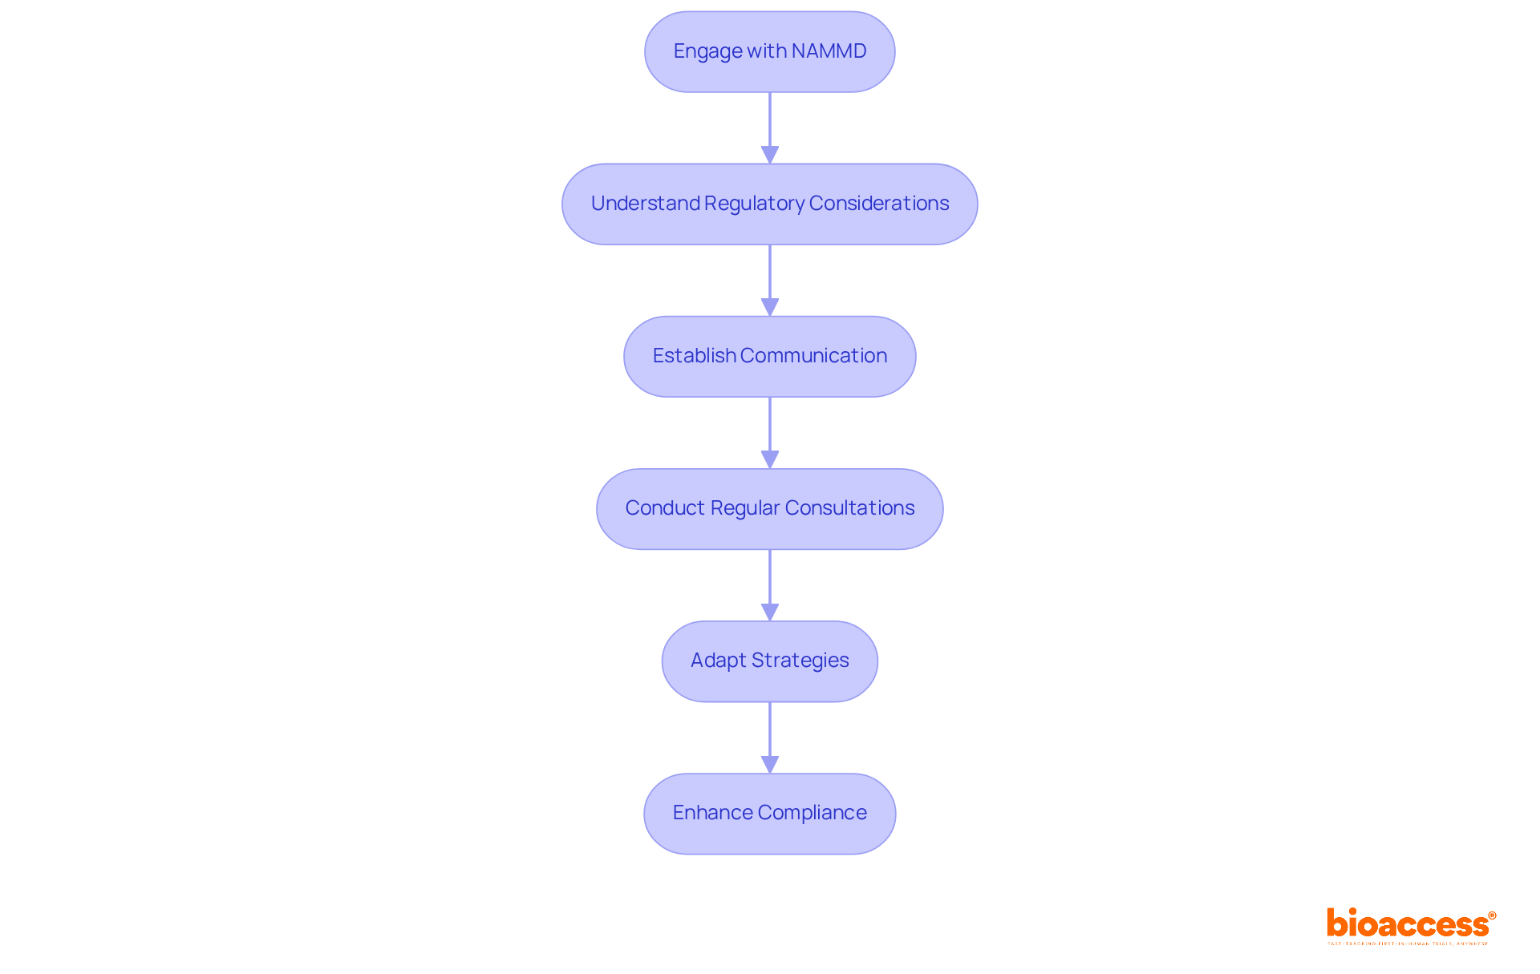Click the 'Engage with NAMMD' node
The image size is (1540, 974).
pyautogui.click(x=769, y=51)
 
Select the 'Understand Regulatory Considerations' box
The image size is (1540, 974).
pyautogui.click(x=769, y=204)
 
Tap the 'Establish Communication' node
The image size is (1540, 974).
pyautogui.click(x=769, y=356)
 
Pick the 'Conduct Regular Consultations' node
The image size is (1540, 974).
pyautogui.click(x=769, y=508)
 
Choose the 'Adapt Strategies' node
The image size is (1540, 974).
pyautogui.click(x=769, y=661)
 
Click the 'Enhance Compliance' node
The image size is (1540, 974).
pyautogui.click(x=769, y=813)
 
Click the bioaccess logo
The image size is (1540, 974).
pyautogui.click(x=1408, y=923)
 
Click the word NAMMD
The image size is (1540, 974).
pyautogui.click(x=829, y=51)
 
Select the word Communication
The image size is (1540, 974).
pyautogui.click(x=813, y=356)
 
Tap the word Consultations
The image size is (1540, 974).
pyautogui.click(x=849, y=508)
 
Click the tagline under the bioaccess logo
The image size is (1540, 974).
pyautogui.click(x=1408, y=944)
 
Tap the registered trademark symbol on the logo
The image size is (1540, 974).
pyautogui.click(x=1492, y=915)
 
